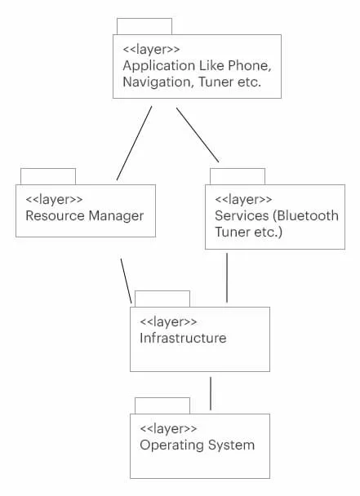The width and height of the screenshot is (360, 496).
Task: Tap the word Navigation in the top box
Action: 156,82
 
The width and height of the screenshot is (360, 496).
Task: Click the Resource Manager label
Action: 84,216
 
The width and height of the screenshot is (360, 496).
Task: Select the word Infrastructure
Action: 183,338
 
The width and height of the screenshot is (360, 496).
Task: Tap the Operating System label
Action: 197,445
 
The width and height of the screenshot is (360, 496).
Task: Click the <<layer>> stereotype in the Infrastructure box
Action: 168,321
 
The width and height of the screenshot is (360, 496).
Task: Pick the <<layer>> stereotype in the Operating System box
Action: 168,428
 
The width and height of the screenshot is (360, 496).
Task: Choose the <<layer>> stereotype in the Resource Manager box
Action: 54,199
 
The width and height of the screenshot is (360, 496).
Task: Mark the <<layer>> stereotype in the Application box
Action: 151,48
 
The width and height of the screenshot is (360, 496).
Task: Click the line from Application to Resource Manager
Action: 135,142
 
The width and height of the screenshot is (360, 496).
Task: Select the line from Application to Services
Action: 198,135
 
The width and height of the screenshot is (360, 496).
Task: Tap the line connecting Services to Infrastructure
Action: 227,277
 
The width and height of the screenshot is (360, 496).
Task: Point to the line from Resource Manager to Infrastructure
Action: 126,280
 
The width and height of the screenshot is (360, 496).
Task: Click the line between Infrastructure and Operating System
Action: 211,393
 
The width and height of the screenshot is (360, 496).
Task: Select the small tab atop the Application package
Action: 144,26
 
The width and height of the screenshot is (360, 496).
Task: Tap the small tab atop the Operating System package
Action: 162,405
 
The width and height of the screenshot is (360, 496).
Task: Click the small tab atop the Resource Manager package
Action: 48,176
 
